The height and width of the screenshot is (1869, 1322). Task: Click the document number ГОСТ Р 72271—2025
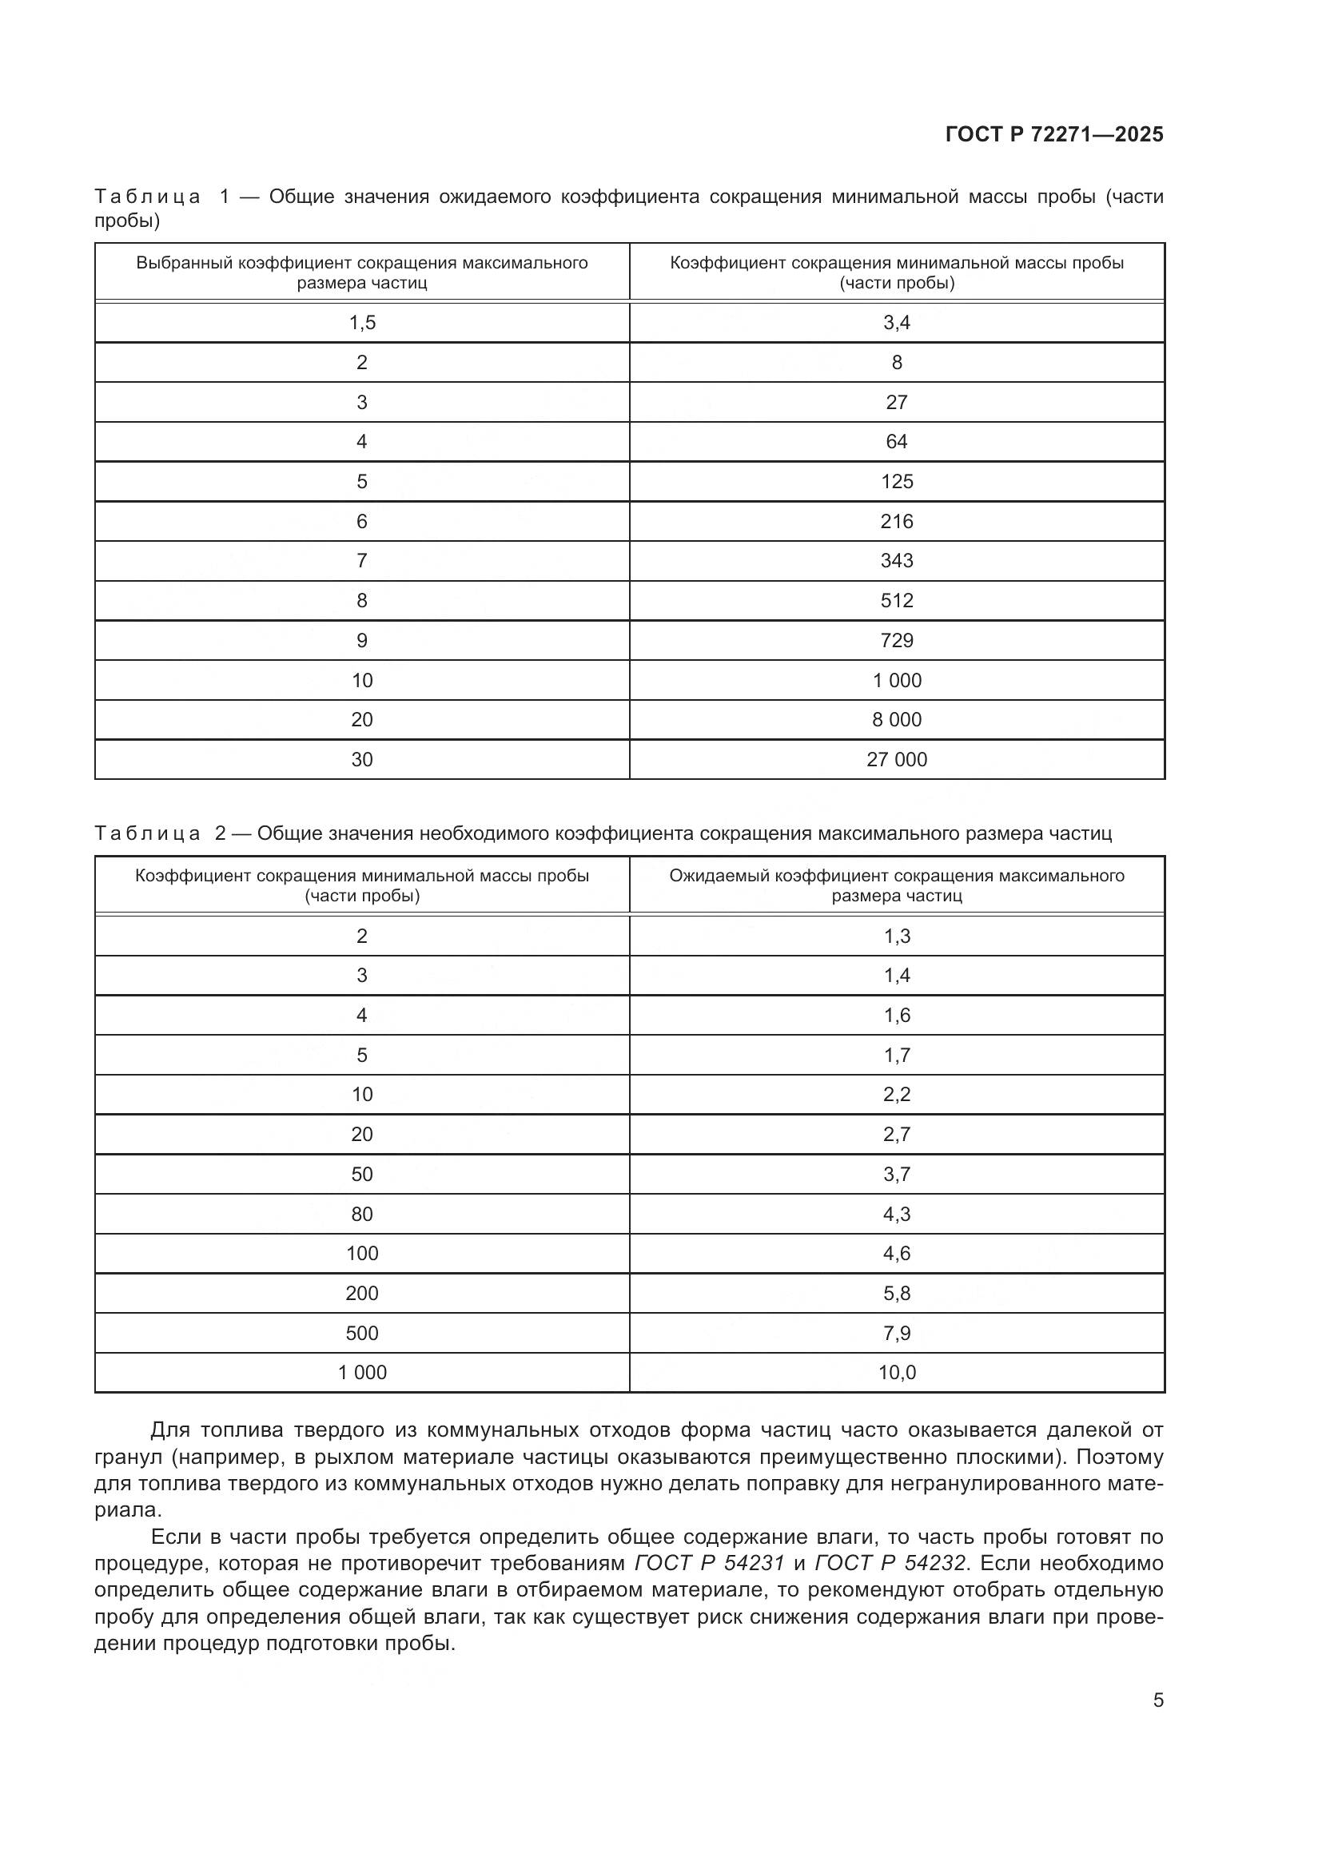click(1054, 134)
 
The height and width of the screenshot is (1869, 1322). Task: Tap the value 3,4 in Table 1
click(896, 323)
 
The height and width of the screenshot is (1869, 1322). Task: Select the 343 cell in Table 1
click(896, 561)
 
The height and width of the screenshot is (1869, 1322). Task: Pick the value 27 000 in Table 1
click(896, 759)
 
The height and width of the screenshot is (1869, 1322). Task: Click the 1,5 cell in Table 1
click(362, 323)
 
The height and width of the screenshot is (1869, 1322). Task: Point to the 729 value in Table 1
click(896, 641)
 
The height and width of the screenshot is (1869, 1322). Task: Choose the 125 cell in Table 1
click(896, 482)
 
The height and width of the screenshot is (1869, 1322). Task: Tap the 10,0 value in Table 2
click(896, 1373)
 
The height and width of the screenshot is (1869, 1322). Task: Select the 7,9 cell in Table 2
click(896, 1333)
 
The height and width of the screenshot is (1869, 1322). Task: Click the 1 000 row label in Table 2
click(362, 1373)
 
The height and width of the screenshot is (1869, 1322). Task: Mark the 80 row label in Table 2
click(362, 1214)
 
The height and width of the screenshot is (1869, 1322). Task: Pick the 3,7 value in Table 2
click(896, 1174)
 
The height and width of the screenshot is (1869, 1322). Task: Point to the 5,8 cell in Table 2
click(896, 1293)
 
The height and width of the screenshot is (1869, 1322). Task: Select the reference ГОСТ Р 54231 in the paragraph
click(709, 1580)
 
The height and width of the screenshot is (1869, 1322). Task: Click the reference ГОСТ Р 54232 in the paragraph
click(890, 1580)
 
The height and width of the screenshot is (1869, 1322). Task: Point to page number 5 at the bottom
click(1158, 1700)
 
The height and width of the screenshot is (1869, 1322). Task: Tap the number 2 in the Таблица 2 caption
click(221, 833)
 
